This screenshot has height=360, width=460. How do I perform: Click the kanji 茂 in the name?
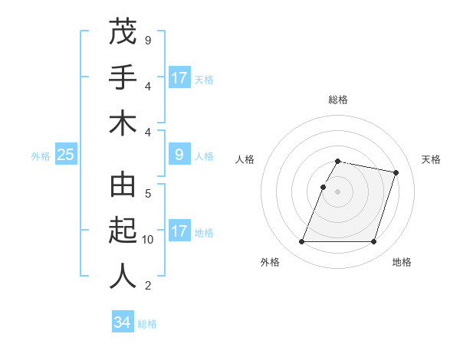[x=122, y=31]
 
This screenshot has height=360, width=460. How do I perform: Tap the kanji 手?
[x=122, y=77]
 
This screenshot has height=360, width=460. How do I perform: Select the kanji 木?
[x=122, y=123]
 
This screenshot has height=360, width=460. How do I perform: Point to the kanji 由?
[x=122, y=185]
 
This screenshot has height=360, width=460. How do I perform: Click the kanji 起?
[x=122, y=231]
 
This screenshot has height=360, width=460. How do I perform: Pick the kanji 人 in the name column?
[x=122, y=277]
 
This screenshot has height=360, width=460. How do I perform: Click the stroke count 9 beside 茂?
[x=147, y=40]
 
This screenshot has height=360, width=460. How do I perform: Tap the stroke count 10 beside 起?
[x=147, y=240]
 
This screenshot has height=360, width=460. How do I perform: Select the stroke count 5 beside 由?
[x=147, y=193]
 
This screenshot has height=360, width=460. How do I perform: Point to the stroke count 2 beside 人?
[x=147, y=286]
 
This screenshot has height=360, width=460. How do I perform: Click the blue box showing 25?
[x=66, y=155]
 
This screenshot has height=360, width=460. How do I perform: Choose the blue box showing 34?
[x=123, y=322]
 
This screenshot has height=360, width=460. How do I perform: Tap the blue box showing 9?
[x=179, y=155]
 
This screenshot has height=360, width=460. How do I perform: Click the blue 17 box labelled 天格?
[x=179, y=78]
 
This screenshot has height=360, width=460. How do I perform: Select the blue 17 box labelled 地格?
[x=179, y=231]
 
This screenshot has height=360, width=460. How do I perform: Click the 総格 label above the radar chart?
[x=337, y=100]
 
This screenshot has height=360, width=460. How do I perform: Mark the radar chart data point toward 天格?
[x=396, y=173]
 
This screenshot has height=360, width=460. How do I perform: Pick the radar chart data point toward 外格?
[x=301, y=242]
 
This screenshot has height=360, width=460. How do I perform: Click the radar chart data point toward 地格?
[x=373, y=242]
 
